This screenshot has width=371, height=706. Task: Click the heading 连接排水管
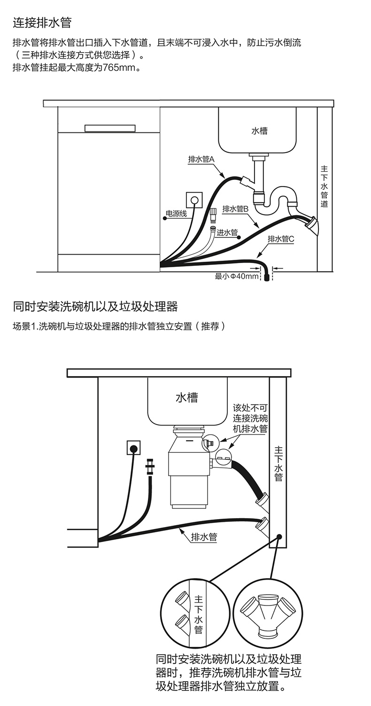[x=42, y=22]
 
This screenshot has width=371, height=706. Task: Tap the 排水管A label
[x=201, y=159]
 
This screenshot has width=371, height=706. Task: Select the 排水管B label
[x=235, y=209]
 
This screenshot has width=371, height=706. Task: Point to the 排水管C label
[x=281, y=239]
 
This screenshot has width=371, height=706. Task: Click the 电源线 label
[x=176, y=214]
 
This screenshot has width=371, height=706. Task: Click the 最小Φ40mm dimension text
[x=237, y=276]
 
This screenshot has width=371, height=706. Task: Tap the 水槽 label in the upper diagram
[x=259, y=131]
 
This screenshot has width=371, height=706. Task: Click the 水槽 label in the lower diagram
[x=186, y=398]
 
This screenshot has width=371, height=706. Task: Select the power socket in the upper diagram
[x=193, y=200]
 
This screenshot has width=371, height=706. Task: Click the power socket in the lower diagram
[x=134, y=447]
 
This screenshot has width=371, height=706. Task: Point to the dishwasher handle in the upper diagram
[x=110, y=128]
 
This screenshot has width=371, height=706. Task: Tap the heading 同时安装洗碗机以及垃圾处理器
[x=95, y=307]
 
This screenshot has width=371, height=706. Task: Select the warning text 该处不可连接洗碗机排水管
[x=250, y=418]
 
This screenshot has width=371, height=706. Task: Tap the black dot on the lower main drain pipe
[x=279, y=536]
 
